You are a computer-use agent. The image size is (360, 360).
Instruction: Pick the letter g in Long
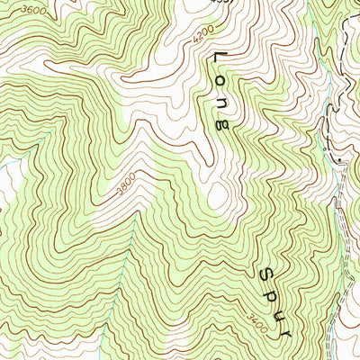click(x=221, y=126)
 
